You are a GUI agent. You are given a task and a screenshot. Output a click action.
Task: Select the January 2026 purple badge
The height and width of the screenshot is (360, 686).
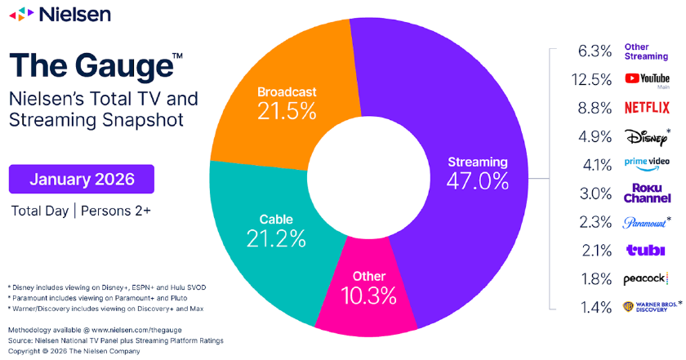pyautogui.click(x=81, y=178)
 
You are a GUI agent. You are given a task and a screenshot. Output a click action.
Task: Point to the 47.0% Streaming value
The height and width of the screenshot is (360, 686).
pyautogui.click(x=478, y=181)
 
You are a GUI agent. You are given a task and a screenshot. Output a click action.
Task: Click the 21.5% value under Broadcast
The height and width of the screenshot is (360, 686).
pyautogui.click(x=286, y=111)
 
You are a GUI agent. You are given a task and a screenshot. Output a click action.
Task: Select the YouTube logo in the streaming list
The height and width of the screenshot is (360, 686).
pyautogui.click(x=647, y=79)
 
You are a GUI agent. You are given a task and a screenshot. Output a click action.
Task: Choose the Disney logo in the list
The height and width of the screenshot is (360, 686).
pyautogui.click(x=645, y=136)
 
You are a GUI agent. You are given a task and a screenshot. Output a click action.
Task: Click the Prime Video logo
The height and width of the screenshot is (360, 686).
pyautogui.click(x=647, y=164)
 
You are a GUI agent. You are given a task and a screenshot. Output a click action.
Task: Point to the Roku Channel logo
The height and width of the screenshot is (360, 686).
pyautogui.click(x=647, y=193)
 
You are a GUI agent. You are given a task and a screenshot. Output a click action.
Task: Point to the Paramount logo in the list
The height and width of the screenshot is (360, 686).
pyautogui.click(x=645, y=221)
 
